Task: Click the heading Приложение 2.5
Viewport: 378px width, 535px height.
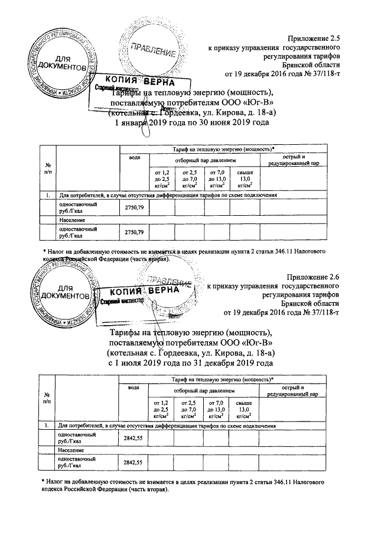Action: click(313, 37)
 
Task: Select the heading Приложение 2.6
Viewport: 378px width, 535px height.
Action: click(313, 276)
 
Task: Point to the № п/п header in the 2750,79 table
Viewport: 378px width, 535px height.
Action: click(46, 168)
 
